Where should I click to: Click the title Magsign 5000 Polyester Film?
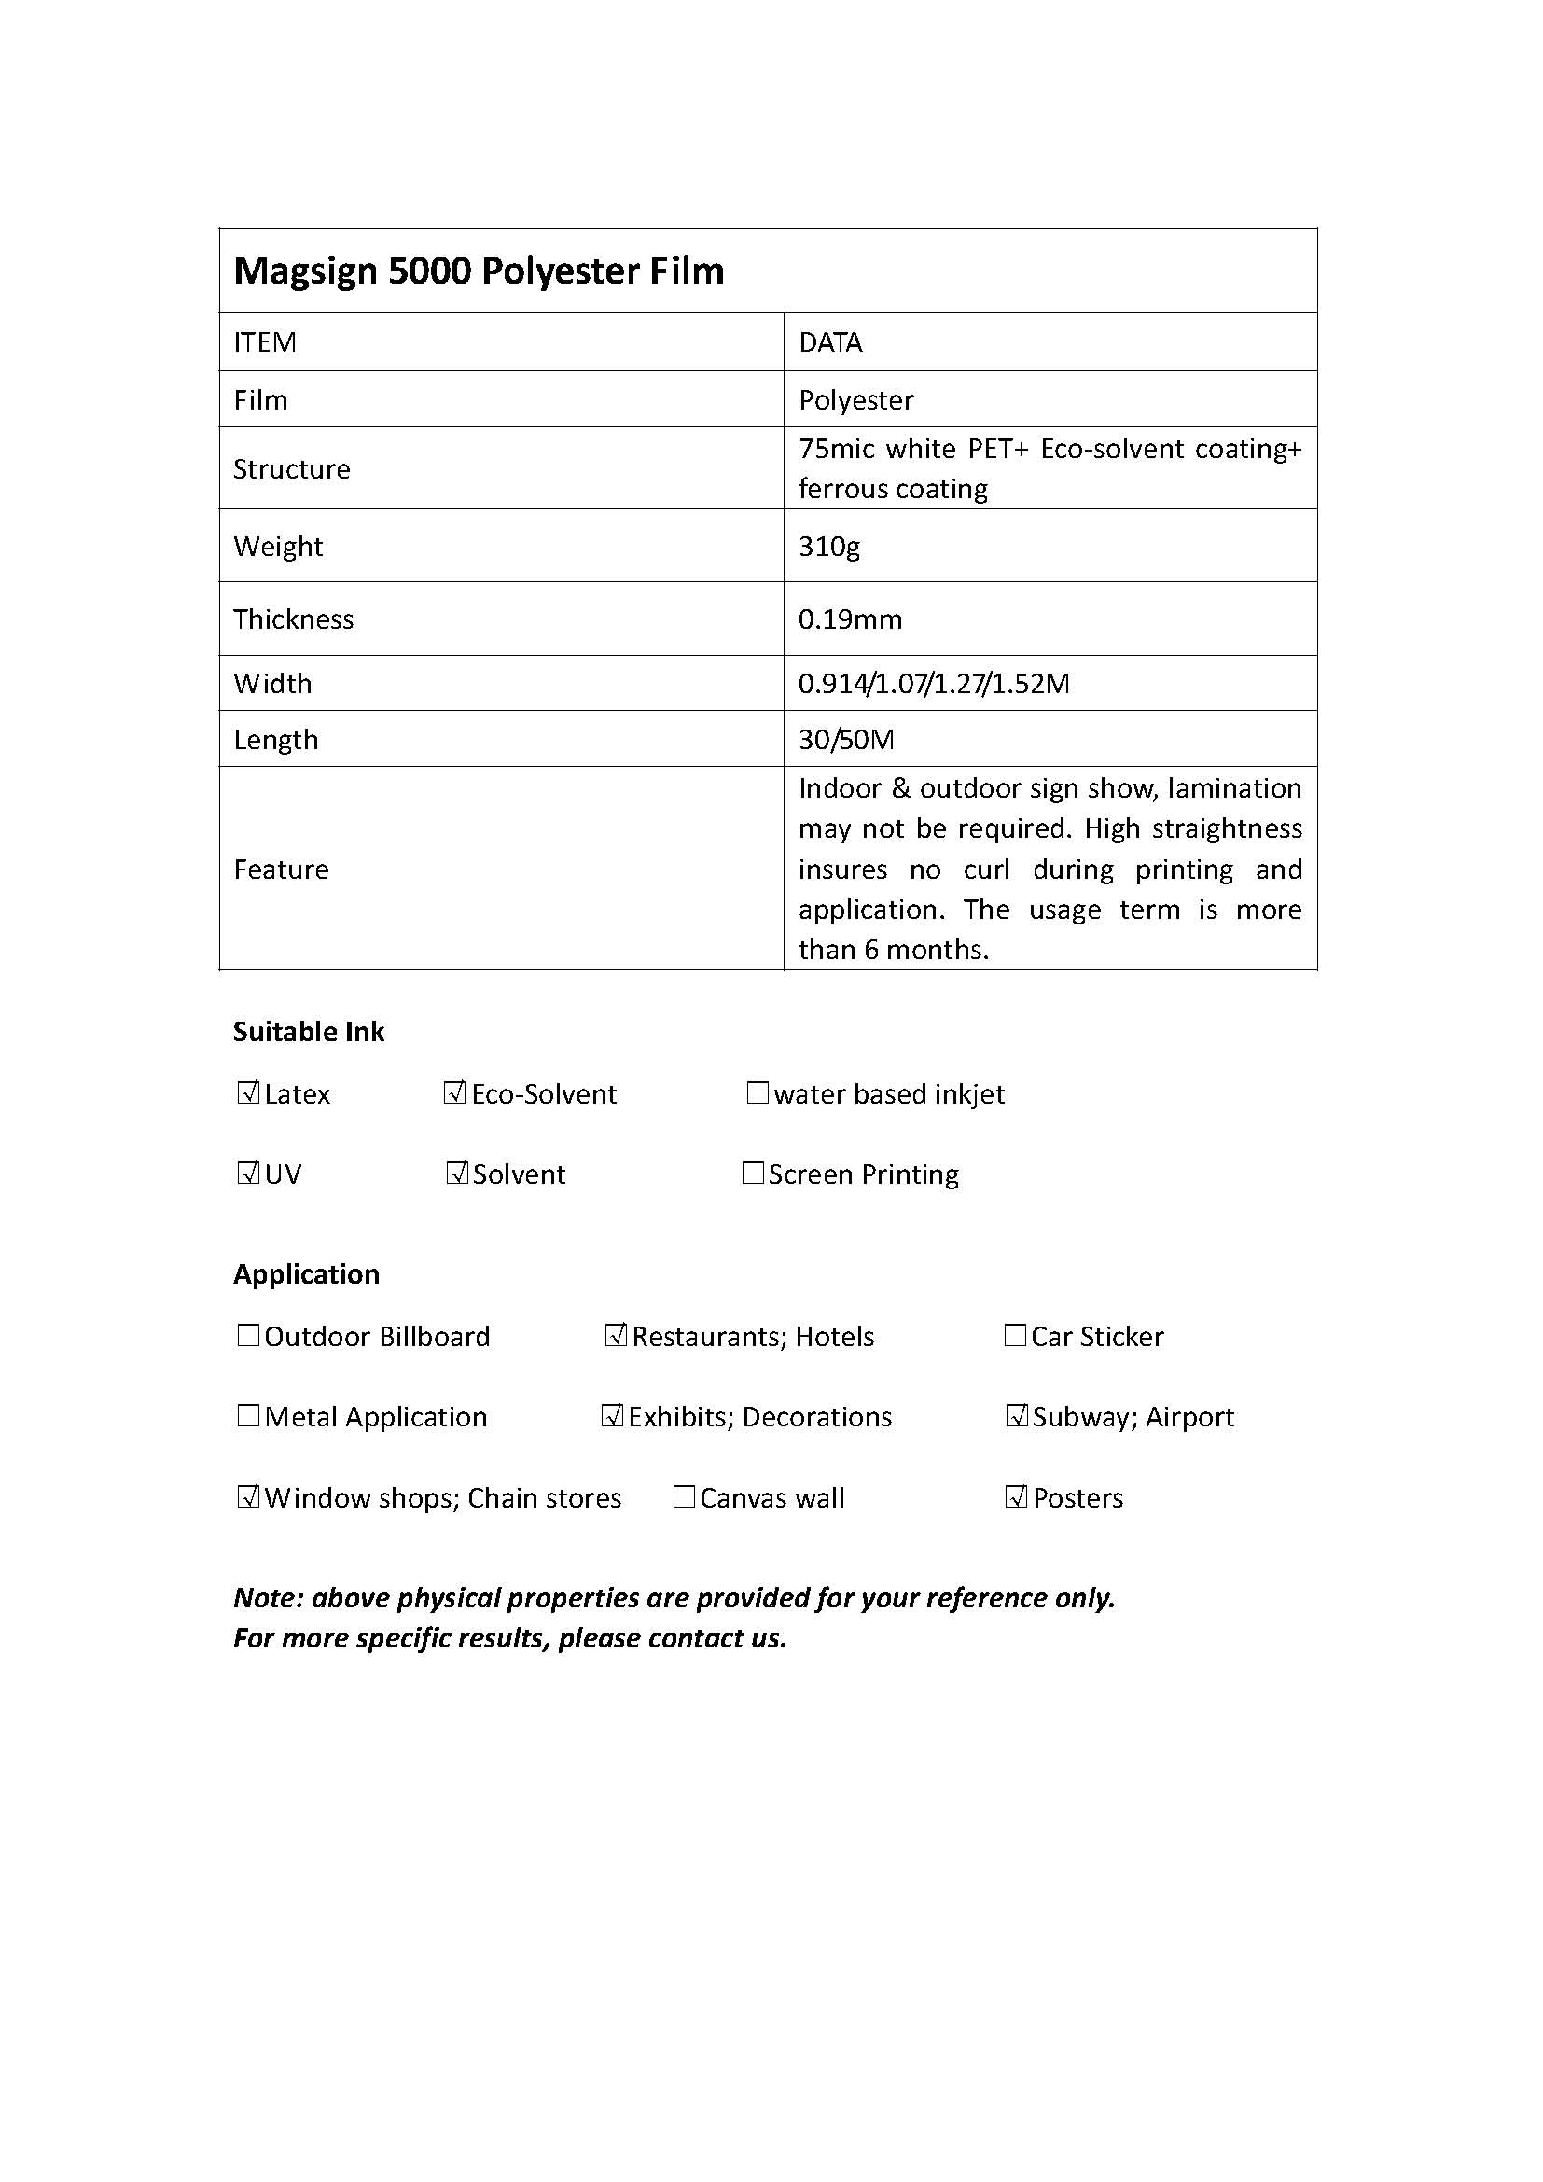pyautogui.click(x=478, y=271)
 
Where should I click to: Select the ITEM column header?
pyautogui.click(x=265, y=342)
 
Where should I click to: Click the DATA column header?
pyautogui.click(x=829, y=342)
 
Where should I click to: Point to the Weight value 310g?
pyautogui.click(x=828, y=547)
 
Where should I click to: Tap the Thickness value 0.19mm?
pyautogui.click(x=850, y=619)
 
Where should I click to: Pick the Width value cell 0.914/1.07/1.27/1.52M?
pyautogui.click(x=933, y=683)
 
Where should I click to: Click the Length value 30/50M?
pyautogui.click(x=845, y=740)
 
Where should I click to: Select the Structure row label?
pyautogui.click(x=292, y=469)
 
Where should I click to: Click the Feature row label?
pyautogui.click(x=281, y=869)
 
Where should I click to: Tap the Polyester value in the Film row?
pyautogui.click(x=855, y=400)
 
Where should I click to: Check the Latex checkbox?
pyautogui.click(x=248, y=1093)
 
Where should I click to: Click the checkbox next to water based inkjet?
pyautogui.click(x=758, y=1093)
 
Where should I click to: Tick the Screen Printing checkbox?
pyautogui.click(x=753, y=1174)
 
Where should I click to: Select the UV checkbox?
pyautogui.click(x=248, y=1174)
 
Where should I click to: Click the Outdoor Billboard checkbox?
pyautogui.click(x=248, y=1335)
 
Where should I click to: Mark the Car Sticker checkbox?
pyautogui.click(x=1015, y=1335)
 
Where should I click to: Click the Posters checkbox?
pyautogui.click(x=1016, y=1498)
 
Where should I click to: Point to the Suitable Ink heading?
pyautogui.click(x=309, y=1032)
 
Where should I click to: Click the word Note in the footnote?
pyautogui.click(x=266, y=1597)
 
